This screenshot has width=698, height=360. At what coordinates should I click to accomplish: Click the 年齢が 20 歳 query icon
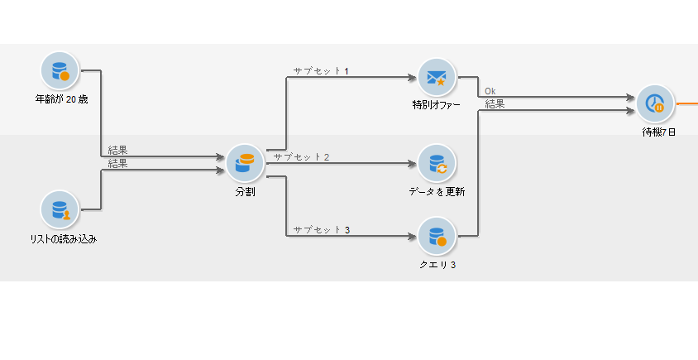[x=59, y=71]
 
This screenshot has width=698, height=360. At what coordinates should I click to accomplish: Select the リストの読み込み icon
[x=59, y=210]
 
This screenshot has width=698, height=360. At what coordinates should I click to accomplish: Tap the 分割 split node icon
[x=245, y=162]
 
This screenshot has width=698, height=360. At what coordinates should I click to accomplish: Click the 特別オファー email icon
[x=437, y=78]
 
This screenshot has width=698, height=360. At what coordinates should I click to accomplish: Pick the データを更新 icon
[x=437, y=164]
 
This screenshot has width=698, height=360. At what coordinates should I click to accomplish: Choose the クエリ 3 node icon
[x=437, y=237]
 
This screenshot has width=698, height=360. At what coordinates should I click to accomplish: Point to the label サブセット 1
[x=321, y=71]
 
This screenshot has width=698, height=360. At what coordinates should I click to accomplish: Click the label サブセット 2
[x=302, y=156]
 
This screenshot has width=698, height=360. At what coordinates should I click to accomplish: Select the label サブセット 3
[x=321, y=229]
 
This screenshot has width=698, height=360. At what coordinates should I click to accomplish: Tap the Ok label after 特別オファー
[x=490, y=91]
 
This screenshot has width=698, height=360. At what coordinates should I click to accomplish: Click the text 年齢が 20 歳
[x=61, y=99]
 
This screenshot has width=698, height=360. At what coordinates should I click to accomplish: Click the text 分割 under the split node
[x=245, y=191]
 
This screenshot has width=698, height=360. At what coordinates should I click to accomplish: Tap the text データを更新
[x=437, y=192]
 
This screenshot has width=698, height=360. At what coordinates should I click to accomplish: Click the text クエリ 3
[x=437, y=265]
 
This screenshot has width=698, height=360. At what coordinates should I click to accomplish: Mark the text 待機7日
[x=658, y=132]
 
